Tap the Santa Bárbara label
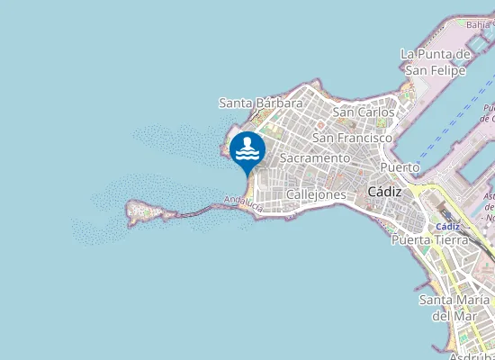[x=261, y=103]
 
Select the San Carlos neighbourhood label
[x=364, y=112]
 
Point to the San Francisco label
[x=352, y=138]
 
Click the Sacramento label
[x=314, y=157]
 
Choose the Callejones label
[x=316, y=193]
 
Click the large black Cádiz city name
[x=385, y=191]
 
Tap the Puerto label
[x=400, y=167]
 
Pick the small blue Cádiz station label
[x=447, y=226]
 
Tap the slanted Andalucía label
[x=243, y=204]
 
